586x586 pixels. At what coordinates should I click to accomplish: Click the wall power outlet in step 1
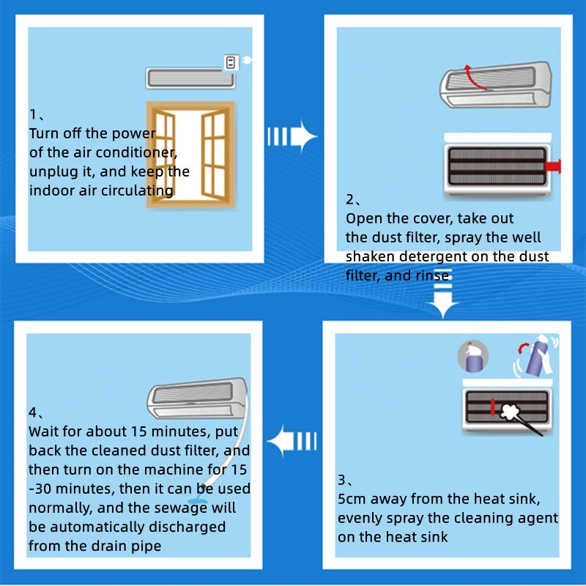(230, 63)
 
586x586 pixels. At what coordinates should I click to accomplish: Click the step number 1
(33, 115)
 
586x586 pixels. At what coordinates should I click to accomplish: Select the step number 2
(349, 200)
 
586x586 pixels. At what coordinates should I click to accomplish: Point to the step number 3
(342, 481)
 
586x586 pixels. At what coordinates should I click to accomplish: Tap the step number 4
(33, 412)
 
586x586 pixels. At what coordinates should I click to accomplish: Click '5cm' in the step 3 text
(352, 500)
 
